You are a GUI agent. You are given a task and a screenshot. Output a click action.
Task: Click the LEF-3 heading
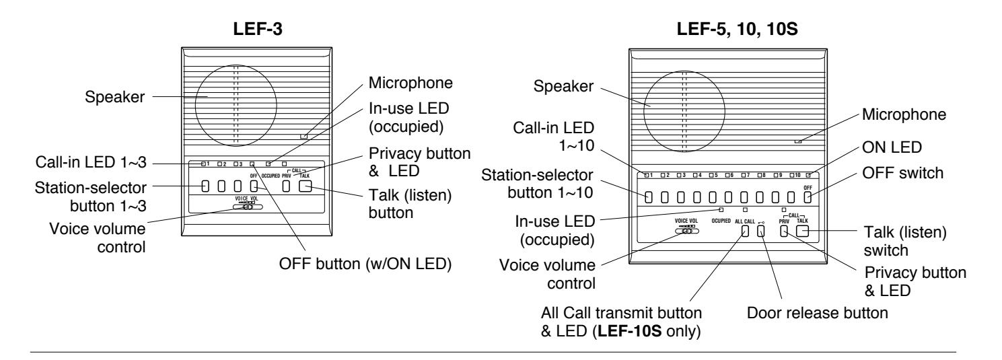point(258,29)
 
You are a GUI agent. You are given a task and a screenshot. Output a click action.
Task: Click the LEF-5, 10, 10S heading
point(737,29)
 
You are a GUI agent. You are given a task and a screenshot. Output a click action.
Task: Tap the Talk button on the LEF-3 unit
point(305,186)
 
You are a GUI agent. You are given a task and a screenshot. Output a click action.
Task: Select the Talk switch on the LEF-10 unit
point(803,231)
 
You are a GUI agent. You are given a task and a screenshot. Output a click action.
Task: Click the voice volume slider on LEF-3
point(248,207)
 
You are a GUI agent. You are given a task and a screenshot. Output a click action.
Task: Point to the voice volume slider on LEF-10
point(687,231)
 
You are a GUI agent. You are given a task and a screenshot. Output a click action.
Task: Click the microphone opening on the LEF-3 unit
point(303,136)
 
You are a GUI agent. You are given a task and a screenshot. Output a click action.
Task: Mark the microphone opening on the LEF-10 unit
point(798,141)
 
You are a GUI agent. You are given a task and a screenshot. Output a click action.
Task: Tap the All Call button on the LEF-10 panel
point(745,231)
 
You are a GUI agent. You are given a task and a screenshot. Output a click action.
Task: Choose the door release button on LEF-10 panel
point(760,231)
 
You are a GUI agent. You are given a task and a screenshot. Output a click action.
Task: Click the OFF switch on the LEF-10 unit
point(808,197)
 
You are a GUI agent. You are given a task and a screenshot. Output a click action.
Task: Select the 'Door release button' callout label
point(817,313)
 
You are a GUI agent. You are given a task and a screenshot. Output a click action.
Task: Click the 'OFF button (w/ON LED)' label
point(365,264)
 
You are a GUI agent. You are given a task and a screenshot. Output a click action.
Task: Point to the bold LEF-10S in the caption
point(629,331)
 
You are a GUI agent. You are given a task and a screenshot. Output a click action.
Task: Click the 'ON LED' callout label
point(892,147)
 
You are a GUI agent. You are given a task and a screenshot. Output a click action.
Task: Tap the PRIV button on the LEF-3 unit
point(286,186)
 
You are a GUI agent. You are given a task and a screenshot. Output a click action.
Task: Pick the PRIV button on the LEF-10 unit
point(784,231)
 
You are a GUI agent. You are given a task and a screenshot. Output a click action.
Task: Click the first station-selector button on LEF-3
point(205,186)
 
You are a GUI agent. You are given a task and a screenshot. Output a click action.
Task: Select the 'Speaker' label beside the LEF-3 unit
point(115,97)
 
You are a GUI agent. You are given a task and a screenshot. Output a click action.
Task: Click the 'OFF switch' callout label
point(902,173)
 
